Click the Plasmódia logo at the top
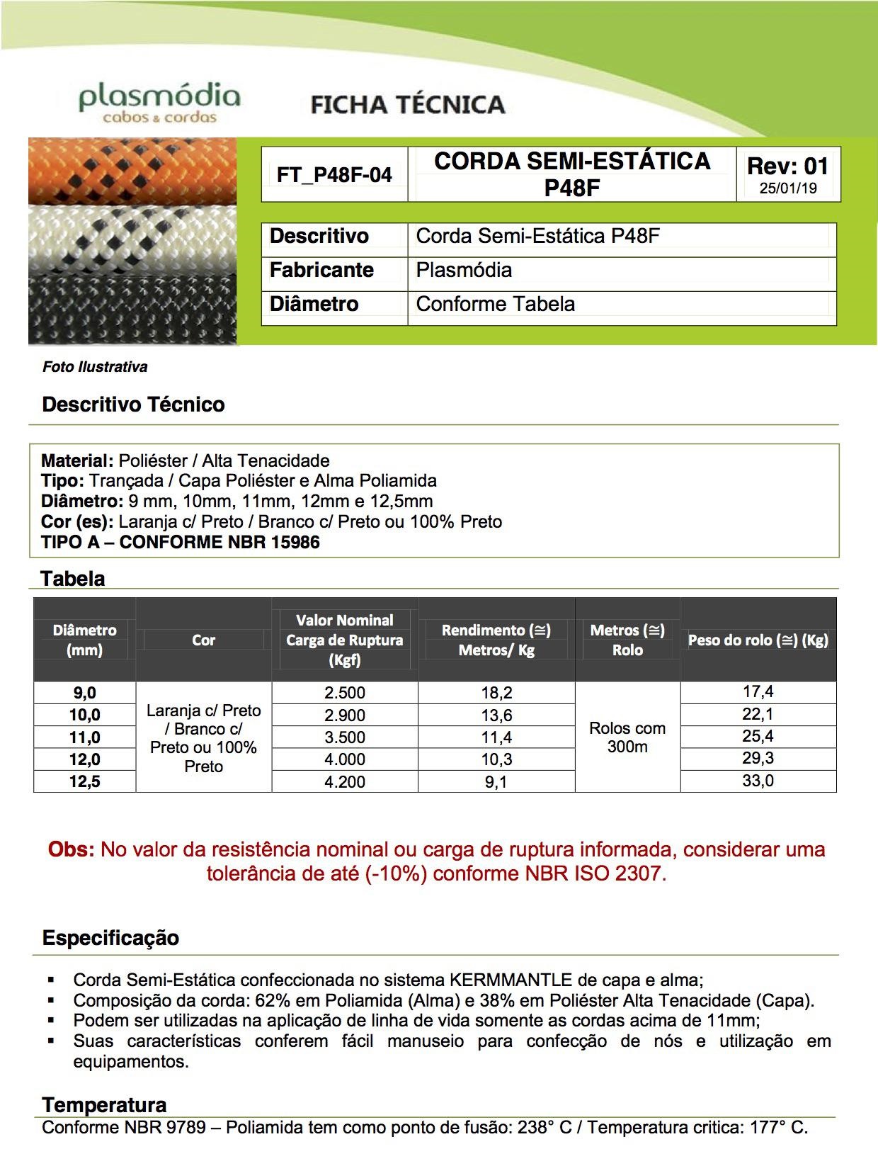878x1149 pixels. point(159,103)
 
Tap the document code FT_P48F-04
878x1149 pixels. point(334,175)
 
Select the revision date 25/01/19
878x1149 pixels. point(788,188)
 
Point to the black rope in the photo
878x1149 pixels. point(132,308)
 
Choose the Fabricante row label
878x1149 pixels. point(321,270)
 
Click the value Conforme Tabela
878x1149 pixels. point(495,304)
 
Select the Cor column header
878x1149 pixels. point(203,640)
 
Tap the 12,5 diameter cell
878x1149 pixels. point(84,781)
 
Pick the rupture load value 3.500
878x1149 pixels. point(345,737)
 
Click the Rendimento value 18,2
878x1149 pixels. point(496,693)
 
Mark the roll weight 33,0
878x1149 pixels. point(758,781)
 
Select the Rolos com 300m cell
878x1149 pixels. point(627,737)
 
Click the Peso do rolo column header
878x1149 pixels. point(758,640)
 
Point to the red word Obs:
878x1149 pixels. point(71,849)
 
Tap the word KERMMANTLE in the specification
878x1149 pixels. point(511,980)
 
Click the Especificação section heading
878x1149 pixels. point(110,938)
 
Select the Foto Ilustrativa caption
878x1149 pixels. point(95,367)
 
